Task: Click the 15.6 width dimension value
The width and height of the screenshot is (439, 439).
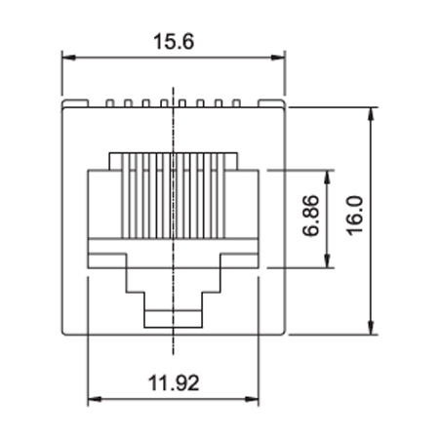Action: (174, 42)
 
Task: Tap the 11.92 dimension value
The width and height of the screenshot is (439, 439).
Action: (174, 382)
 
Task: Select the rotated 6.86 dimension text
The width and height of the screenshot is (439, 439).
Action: (310, 216)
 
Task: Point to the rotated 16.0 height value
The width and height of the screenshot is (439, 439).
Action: (354, 216)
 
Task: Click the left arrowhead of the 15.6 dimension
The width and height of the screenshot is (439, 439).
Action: (68, 58)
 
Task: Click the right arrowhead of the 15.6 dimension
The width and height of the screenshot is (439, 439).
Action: (278, 58)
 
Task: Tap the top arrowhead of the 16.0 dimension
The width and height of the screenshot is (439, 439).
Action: (372, 114)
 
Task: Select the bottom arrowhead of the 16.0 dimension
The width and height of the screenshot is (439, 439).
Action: (372, 327)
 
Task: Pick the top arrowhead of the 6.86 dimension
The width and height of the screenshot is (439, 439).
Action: (328, 177)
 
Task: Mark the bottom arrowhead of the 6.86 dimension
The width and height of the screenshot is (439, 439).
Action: (328, 261)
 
